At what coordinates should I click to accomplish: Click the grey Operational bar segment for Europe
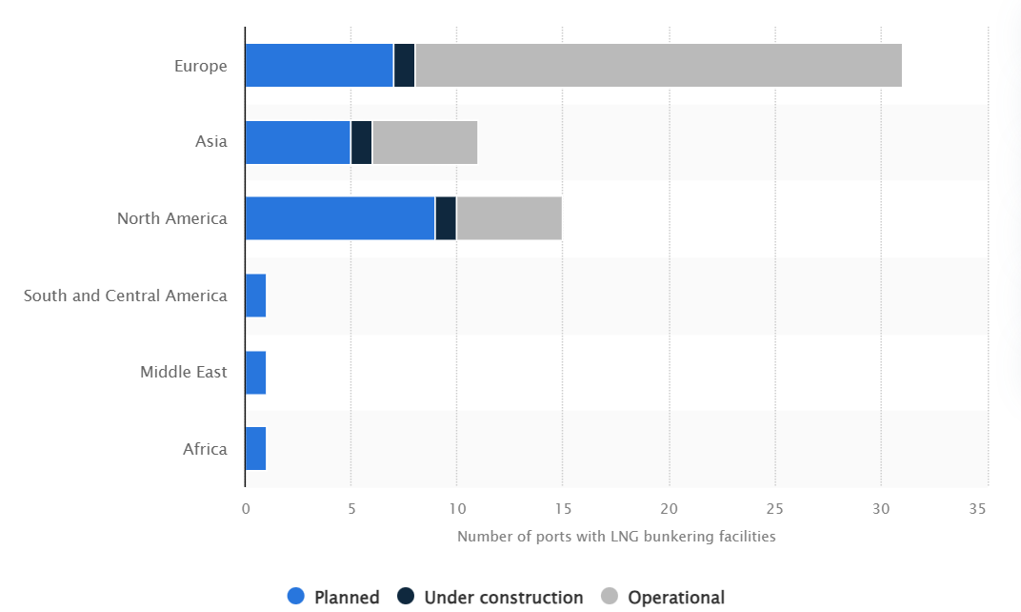[x=658, y=66]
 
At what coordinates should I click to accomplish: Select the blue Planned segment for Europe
[x=319, y=66]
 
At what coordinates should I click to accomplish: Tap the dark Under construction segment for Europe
[x=405, y=66]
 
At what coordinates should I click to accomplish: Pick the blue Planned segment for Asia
[x=297, y=142]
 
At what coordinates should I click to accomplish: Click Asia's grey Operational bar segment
[x=425, y=142]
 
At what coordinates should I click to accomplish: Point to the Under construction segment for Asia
[x=362, y=142]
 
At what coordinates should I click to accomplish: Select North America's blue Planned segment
[x=340, y=218]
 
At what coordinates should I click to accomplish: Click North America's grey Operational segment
[x=510, y=218]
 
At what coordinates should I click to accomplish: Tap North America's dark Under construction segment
[x=446, y=218]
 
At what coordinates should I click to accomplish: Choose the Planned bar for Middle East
[x=255, y=372]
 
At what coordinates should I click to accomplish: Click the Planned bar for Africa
[x=255, y=448]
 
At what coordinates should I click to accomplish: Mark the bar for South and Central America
[x=255, y=296]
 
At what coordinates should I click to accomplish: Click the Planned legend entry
[x=334, y=598]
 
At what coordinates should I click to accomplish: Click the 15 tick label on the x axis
[x=563, y=509]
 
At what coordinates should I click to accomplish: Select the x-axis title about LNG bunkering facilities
[x=616, y=537]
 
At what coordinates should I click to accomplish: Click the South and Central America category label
[x=126, y=296]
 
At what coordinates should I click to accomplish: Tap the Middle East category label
[x=184, y=372]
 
